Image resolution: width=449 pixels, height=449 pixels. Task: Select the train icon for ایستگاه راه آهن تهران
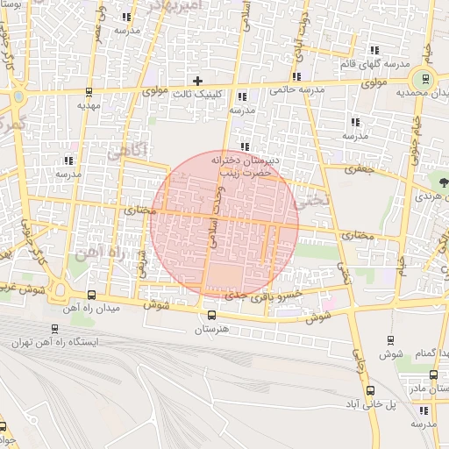click(55, 330)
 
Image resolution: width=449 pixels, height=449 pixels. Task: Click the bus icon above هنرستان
click(210, 315)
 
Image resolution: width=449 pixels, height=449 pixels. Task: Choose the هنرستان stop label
click(210, 329)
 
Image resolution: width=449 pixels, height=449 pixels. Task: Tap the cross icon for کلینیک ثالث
click(198, 81)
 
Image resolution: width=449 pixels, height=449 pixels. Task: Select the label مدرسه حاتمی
click(298, 90)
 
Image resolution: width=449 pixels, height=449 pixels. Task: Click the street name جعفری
click(359, 167)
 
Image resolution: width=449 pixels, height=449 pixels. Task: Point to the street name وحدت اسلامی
click(211, 217)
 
